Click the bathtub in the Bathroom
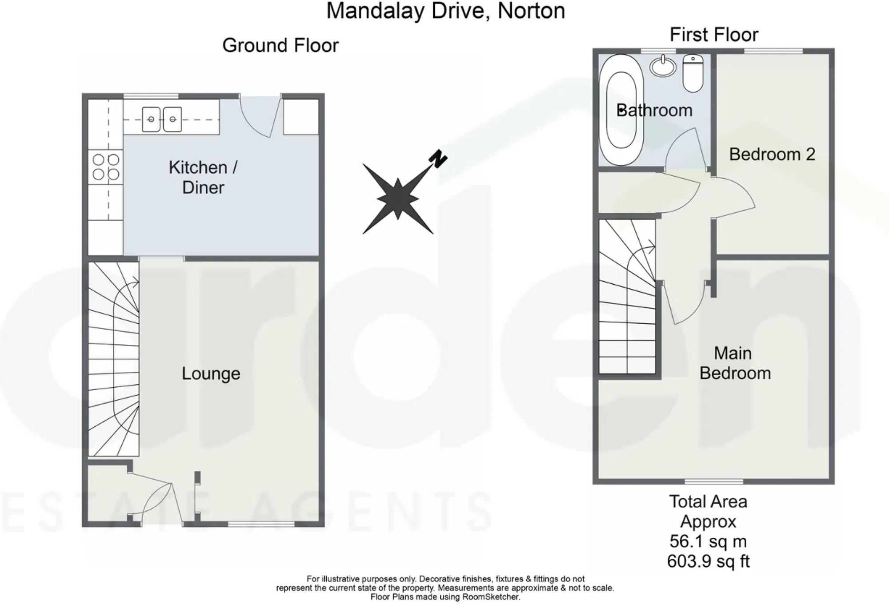(x=621, y=110)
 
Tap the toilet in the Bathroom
(x=693, y=73)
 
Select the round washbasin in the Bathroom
(x=663, y=67)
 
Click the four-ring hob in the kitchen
(x=106, y=167)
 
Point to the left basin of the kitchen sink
(x=151, y=119)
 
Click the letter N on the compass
(x=438, y=159)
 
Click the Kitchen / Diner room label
(x=203, y=177)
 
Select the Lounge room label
(x=211, y=374)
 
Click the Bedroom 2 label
(x=772, y=155)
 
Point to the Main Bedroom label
(x=735, y=363)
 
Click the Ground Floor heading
(x=280, y=45)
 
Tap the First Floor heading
(x=714, y=35)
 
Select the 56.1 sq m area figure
(x=708, y=541)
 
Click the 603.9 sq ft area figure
(x=708, y=561)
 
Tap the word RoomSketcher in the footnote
(x=491, y=597)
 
